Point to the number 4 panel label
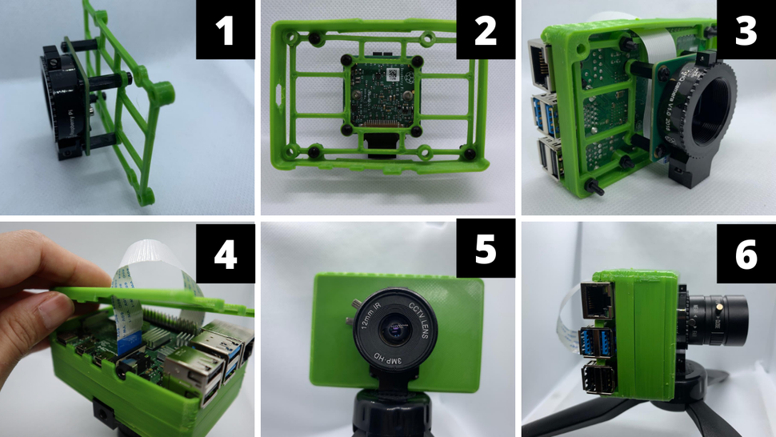click(x=226, y=254)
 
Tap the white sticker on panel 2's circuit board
click(x=394, y=74)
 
